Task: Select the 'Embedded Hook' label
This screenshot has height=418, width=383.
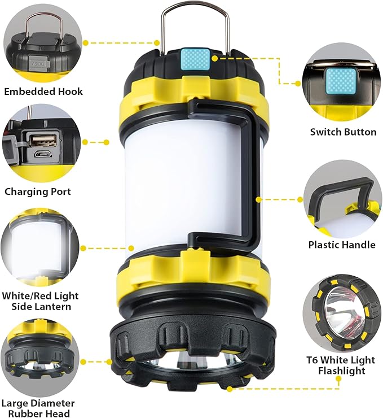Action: (x=43, y=92)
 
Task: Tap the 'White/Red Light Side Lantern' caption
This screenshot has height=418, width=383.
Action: (x=40, y=301)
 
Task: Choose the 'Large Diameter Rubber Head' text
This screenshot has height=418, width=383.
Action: (x=38, y=408)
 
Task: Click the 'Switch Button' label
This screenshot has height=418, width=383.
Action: (x=343, y=132)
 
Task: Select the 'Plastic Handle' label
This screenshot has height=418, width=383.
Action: (x=342, y=245)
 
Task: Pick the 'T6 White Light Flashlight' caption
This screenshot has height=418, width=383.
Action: (x=344, y=365)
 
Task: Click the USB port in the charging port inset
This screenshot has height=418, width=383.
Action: (x=36, y=139)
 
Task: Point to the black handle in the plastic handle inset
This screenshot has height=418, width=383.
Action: (x=338, y=192)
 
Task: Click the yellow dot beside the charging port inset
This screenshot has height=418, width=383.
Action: (x=85, y=142)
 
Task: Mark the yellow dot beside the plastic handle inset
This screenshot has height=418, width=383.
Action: (x=300, y=199)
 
